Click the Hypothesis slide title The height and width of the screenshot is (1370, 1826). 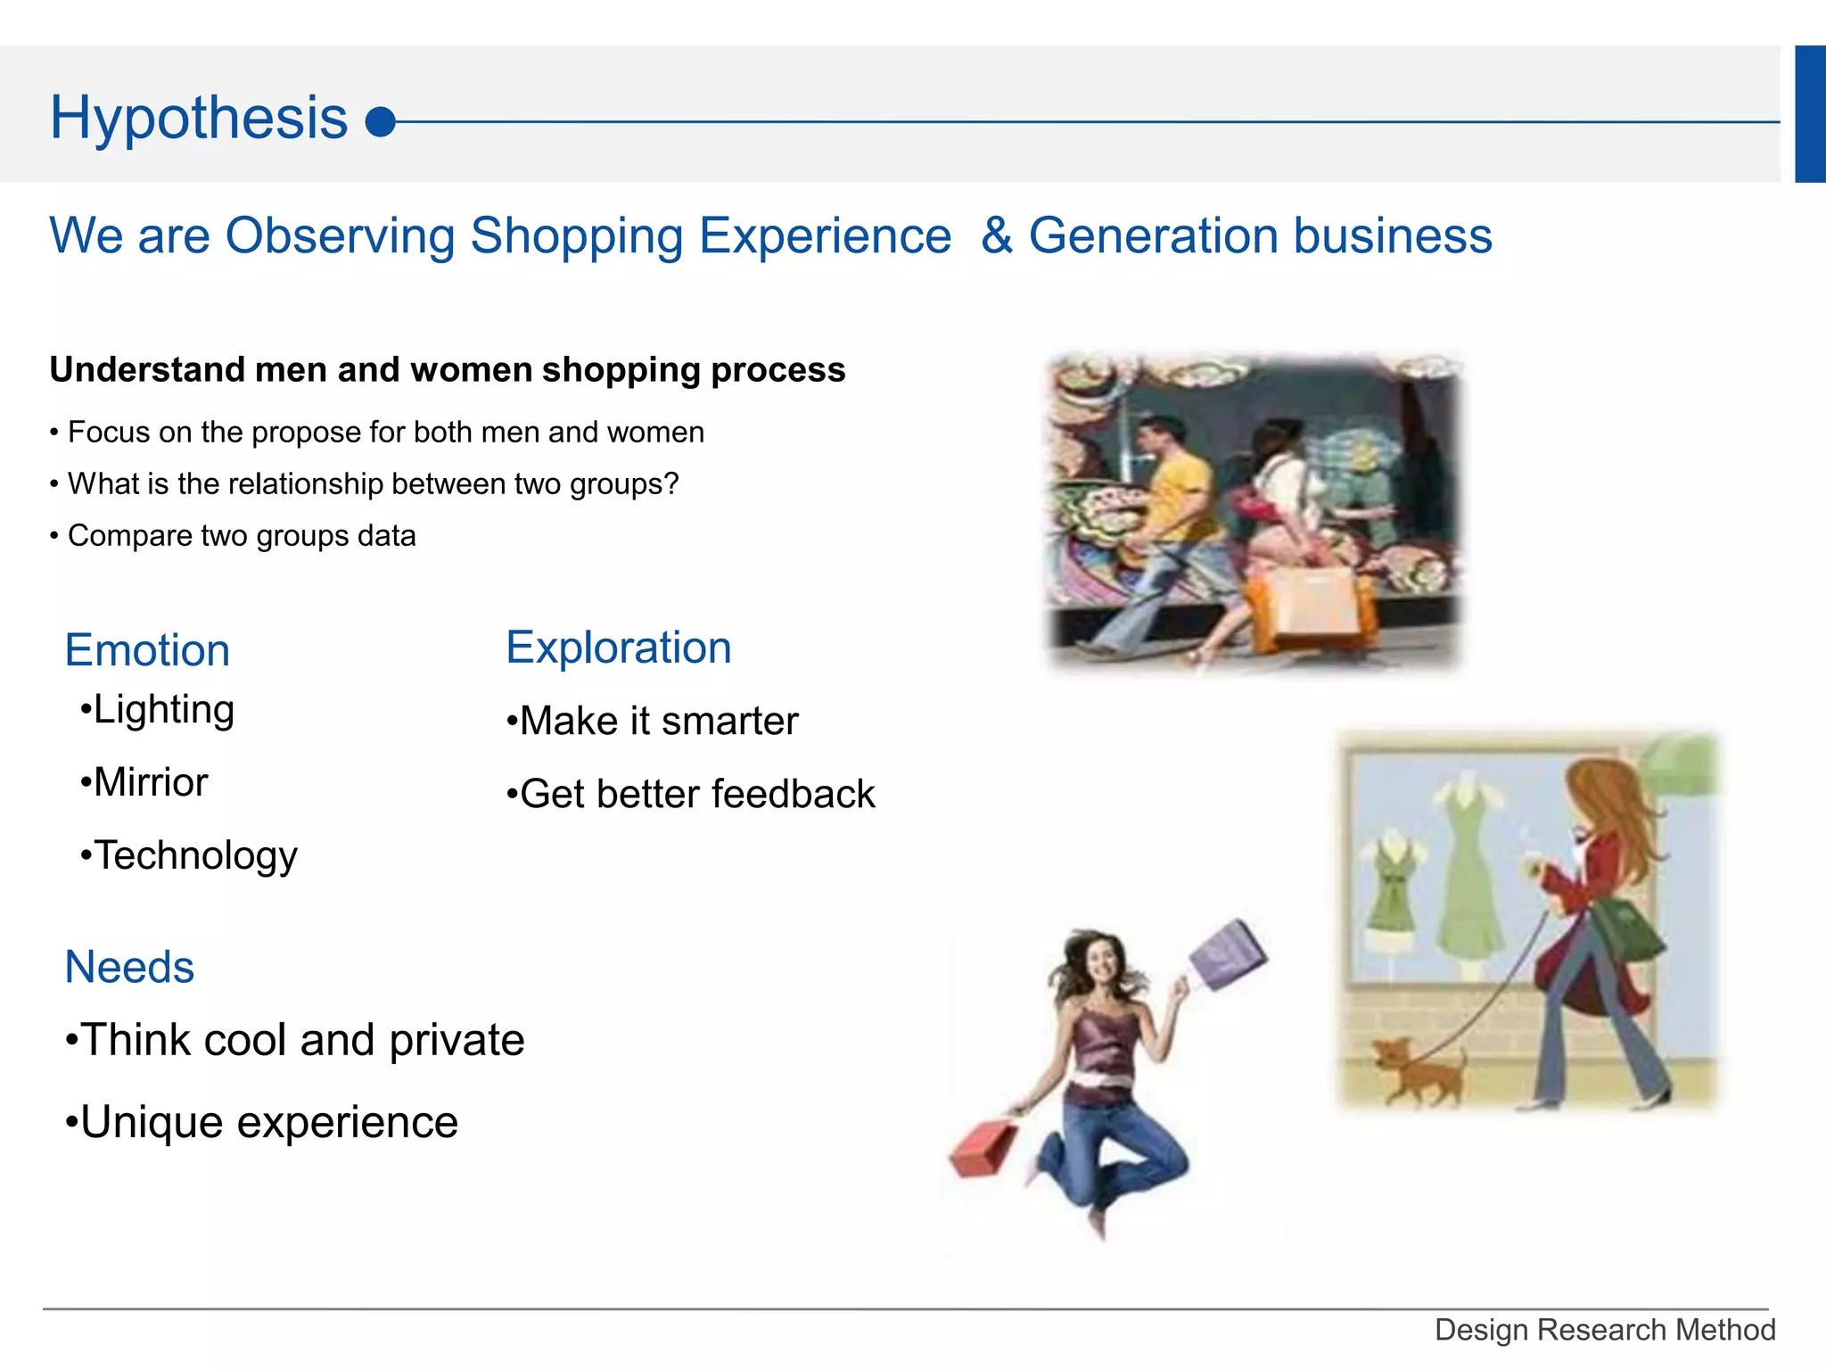pos(198,118)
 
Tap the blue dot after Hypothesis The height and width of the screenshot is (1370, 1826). pos(381,122)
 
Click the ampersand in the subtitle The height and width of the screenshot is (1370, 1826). pos(996,236)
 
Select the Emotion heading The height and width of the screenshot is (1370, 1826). pos(147,650)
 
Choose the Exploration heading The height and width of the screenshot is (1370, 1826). pos(619,648)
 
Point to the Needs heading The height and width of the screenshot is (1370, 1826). pos(129,967)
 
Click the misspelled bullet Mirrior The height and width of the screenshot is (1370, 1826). pos(150,782)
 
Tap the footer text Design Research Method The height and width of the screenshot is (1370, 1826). pos(1605,1330)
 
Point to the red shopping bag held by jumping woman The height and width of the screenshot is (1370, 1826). pos(983,1151)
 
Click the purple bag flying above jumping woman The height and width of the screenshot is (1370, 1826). pos(1229,954)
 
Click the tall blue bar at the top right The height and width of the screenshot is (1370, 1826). pos(1810,114)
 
